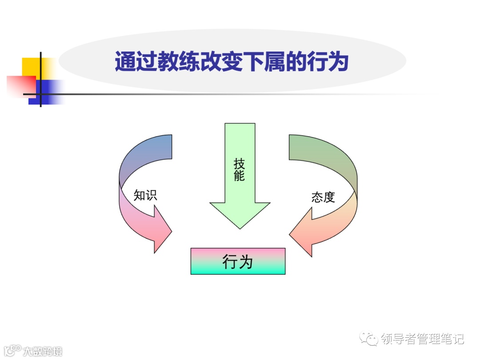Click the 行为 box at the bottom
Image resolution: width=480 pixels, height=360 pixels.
click(x=238, y=261)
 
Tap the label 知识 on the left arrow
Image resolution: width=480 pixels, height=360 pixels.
click(x=145, y=195)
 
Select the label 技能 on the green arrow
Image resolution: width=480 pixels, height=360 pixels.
click(x=239, y=169)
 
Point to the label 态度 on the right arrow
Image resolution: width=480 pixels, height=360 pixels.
click(x=323, y=197)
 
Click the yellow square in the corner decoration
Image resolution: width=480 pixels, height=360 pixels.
click(x=32, y=67)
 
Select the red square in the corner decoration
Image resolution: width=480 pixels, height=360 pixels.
click(x=21, y=85)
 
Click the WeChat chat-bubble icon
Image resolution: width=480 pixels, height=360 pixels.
click(x=369, y=339)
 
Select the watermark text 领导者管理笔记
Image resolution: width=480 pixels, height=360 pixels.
click(x=422, y=339)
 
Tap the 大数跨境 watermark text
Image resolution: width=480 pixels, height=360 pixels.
click(x=43, y=351)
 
